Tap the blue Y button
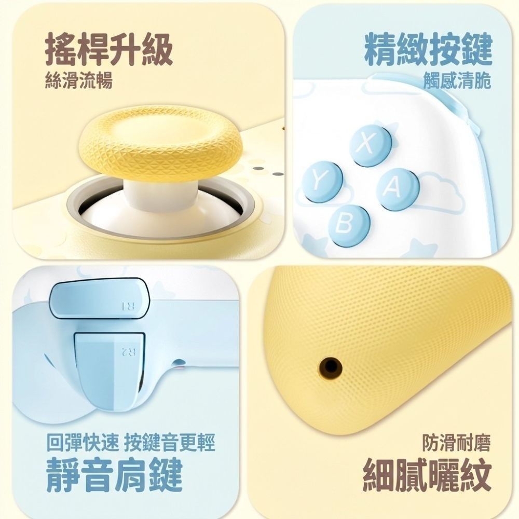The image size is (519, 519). pyautogui.click(x=323, y=181)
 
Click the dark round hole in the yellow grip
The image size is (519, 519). pyautogui.click(x=330, y=366)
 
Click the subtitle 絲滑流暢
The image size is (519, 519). pyautogui.click(x=78, y=81)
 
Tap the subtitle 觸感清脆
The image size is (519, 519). pyautogui.click(x=457, y=81)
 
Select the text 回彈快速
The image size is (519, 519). pyautogui.click(x=83, y=443)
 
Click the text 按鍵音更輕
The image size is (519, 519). pyautogui.click(x=170, y=443)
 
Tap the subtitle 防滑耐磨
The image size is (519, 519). pyautogui.click(x=456, y=443)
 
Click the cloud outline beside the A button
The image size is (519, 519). pyautogui.click(x=440, y=192)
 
